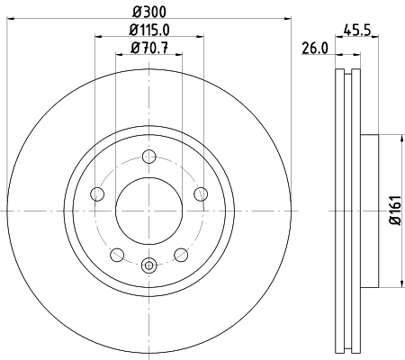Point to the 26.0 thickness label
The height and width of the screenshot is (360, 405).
tap(314, 50)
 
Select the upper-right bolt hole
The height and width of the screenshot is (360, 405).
tap(199, 193)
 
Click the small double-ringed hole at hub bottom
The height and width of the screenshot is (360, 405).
tap(149, 264)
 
